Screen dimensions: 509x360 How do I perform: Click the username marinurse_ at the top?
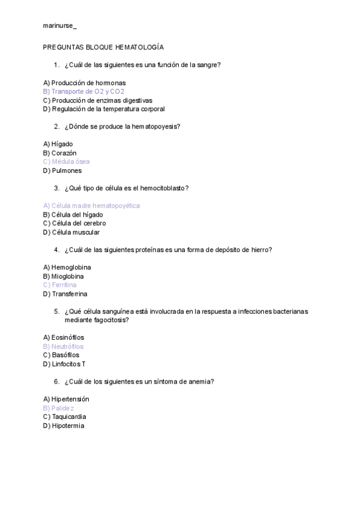59,26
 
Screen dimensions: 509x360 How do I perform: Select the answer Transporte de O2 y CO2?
88,91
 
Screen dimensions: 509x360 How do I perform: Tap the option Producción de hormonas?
88,83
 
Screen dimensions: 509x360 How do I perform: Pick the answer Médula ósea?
71,161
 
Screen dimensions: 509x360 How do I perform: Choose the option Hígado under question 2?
62,144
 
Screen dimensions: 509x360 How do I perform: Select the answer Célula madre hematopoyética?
95,206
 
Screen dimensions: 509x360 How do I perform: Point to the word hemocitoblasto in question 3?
163,188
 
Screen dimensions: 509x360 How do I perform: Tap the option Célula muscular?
76,232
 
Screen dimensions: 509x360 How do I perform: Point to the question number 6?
56,381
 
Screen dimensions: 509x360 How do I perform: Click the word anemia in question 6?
202,381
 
